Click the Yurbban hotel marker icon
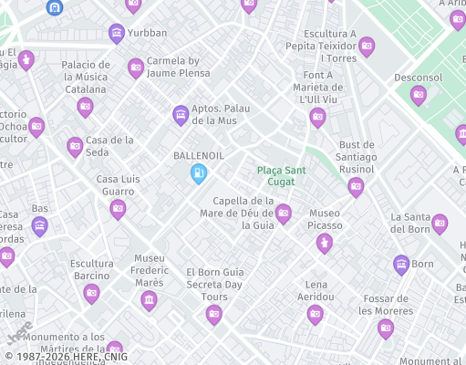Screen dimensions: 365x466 tap(117, 34)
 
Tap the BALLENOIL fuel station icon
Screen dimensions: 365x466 tap(198, 172)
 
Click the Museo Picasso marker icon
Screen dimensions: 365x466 tap(324, 243)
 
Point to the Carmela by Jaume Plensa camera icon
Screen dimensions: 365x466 tap(136, 67)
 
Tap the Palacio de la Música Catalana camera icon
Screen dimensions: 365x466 tap(85, 107)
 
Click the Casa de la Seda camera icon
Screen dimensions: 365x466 tap(75, 146)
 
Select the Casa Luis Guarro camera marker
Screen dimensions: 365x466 tap(118, 209)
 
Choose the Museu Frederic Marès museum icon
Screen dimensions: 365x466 tap(149, 300)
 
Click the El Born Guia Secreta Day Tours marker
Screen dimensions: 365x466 tap(213, 315)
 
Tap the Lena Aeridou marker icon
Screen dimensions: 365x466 tap(316, 315)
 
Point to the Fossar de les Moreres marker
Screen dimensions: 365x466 tap(386, 328)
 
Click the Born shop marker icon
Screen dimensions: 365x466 tap(401, 265)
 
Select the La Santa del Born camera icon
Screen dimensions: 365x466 tap(440, 223)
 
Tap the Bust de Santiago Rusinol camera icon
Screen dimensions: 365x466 tap(356, 187)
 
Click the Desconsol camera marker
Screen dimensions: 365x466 tap(419, 95)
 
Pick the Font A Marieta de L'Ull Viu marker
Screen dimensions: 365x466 tap(317, 117)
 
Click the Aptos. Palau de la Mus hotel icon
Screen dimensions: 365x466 tap(181, 114)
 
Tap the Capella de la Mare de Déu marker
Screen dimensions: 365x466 tap(284, 214)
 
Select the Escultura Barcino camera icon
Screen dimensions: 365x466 tap(91, 293)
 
